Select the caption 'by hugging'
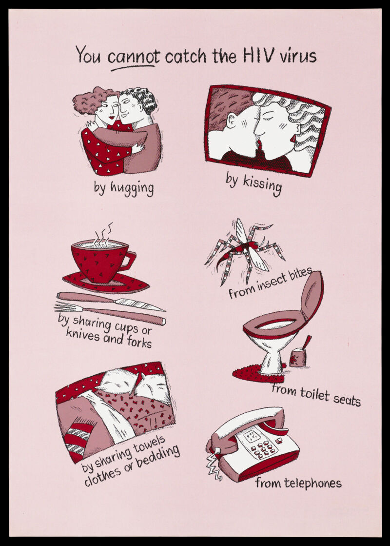[x=123, y=188]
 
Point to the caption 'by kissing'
[x=253, y=184]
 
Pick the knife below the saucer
[x=111, y=301]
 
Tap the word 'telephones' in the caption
[x=313, y=483]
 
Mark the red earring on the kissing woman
[x=292, y=138]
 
